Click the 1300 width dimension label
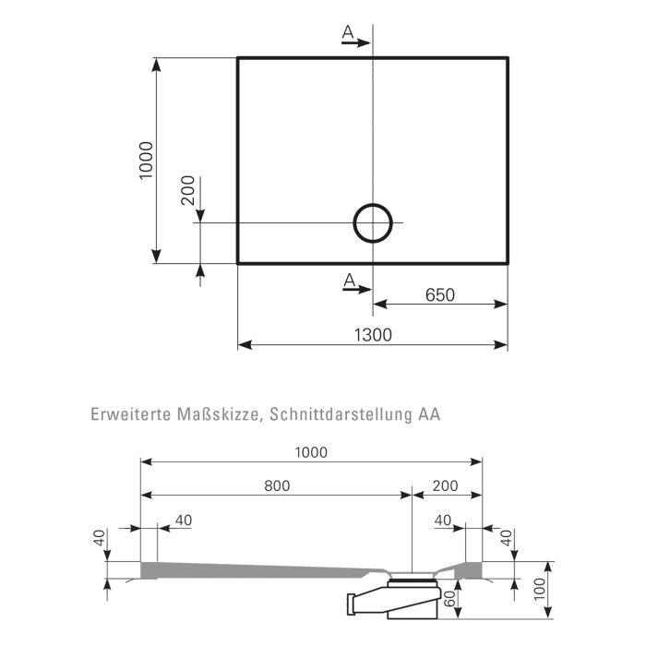click(x=373, y=335)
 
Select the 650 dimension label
click(x=440, y=295)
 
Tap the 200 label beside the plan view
click(x=188, y=190)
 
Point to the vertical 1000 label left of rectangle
click(x=146, y=161)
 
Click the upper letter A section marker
click(x=348, y=31)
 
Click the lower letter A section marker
click(x=349, y=280)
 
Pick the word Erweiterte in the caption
click(x=131, y=414)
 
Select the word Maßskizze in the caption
click(x=221, y=414)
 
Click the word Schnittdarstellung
click(x=341, y=414)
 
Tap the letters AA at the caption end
click(x=429, y=414)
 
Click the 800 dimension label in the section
click(x=277, y=485)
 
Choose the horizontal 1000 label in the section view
click(x=311, y=452)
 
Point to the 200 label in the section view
click(x=446, y=485)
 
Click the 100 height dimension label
click(x=539, y=589)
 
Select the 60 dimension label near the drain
click(x=449, y=598)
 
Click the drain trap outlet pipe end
click(x=351, y=604)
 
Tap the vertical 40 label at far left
click(x=99, y=538)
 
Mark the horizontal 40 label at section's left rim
click(x=184, y=520)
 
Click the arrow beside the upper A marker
click(x=356, y=42)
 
